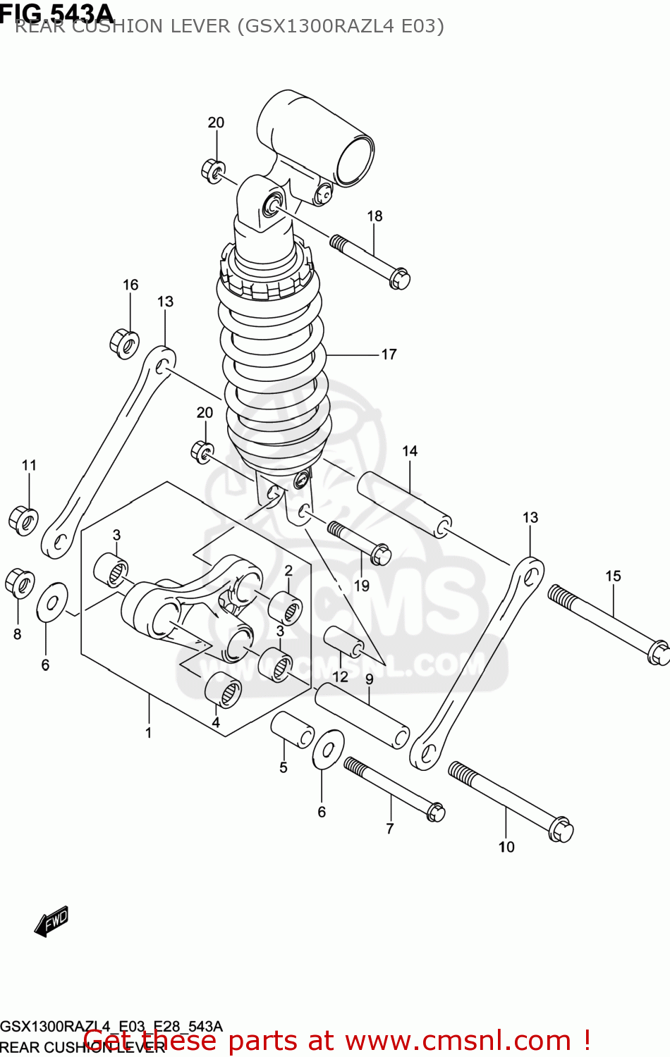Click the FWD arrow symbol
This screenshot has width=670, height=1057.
52,921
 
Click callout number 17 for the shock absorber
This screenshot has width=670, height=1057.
389,354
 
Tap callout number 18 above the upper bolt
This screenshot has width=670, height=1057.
374,216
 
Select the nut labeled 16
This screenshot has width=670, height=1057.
124,343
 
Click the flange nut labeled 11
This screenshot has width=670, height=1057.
23,520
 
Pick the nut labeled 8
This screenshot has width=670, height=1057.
19,583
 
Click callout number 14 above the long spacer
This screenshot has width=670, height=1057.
410,451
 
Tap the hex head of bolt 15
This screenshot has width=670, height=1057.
659,652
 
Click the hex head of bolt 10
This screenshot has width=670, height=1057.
561,829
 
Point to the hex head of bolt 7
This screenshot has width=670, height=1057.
436,812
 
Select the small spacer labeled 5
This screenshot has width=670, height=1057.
292,730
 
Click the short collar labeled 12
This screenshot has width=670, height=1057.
343,641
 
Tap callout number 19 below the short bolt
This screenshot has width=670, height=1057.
361,586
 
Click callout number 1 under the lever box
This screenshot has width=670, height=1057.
149,733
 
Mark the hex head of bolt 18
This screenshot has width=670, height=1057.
399,278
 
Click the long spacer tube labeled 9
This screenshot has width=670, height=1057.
362,716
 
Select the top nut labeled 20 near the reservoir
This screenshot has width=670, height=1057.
213,171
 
